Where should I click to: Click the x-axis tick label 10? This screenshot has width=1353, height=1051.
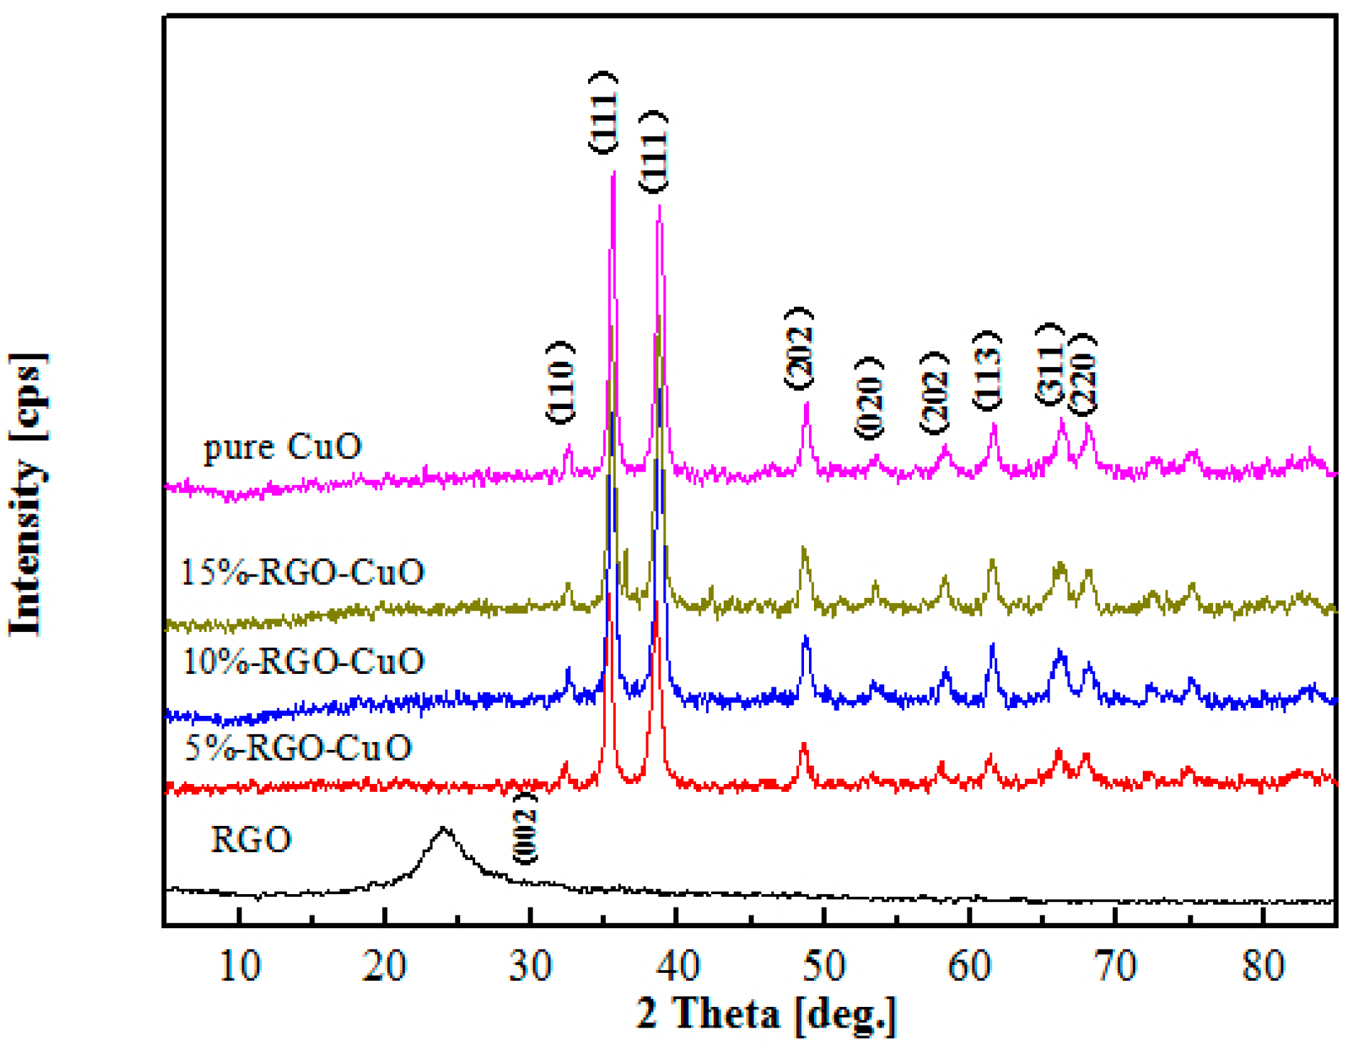tap(240, 966)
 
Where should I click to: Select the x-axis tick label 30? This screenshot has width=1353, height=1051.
tap(531, 966)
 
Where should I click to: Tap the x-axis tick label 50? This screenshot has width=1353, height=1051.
tap(824, 966)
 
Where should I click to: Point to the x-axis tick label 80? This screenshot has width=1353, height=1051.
tap(1264, 966)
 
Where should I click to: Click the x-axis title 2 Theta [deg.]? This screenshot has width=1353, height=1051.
tap(766, 1014)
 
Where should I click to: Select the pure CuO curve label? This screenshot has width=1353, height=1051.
tap(283, 447)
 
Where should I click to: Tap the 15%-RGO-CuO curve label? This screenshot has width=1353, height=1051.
tap(303, 572)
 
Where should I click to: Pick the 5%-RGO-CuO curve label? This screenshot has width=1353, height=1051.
tap(298, 748)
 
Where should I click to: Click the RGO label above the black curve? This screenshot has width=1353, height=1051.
tap(251, 839)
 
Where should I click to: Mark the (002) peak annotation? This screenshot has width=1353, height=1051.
tap(525, 828)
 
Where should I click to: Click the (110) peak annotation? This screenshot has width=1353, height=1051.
tap(560, 383)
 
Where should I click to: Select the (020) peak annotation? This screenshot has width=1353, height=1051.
tap(869, 398)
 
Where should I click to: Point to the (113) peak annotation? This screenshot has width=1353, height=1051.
tap(987, 371)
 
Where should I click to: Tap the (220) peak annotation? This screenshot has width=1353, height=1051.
tap(1083, 375)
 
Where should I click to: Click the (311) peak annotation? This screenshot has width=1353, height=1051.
tap(1049, 364)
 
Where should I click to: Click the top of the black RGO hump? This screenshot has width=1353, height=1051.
tap(444, 828)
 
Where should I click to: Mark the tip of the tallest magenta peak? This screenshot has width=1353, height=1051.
tap(613, 173)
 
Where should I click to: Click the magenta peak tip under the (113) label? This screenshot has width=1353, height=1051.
tap(994, 424)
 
